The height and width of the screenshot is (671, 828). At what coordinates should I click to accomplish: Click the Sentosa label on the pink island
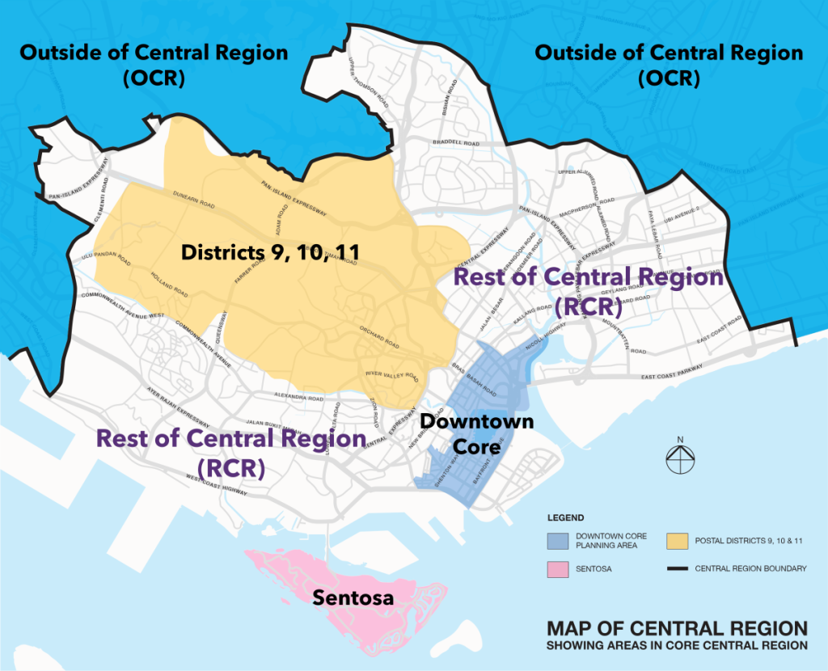355,599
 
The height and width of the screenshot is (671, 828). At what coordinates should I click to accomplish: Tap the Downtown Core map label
465,433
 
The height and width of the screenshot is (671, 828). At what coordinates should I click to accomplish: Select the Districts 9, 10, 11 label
270,252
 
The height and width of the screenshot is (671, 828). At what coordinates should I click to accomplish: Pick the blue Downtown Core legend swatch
557,540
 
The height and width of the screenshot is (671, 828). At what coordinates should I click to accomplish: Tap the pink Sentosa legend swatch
557,569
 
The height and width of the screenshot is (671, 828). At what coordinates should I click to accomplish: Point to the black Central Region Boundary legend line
678,569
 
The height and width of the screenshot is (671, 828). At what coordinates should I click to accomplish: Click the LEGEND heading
565,517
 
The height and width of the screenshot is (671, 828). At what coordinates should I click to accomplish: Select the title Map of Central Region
677,628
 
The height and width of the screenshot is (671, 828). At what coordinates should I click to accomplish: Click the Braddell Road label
456,142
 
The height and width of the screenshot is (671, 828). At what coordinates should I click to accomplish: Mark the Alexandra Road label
299,398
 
